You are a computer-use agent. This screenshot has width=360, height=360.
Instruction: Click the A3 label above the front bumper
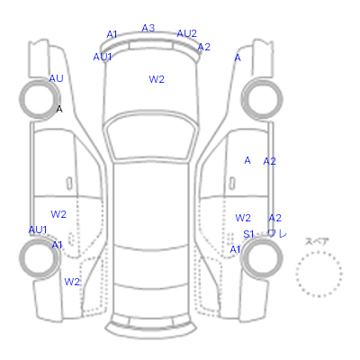pyautogui.click(x=148, y=28)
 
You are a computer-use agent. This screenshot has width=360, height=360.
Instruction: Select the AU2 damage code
pyautogui.click(x=186, y=33)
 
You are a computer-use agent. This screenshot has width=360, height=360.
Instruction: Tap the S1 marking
pyautogui.click(x=248, y=234)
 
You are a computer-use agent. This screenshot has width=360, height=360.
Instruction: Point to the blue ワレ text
pyautogui.click(x=277, y=233)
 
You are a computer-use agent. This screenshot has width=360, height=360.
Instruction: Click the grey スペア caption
pyautogui.click(x=317, y=241)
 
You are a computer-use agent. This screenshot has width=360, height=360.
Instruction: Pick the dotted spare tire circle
pyautogui.click(x=319, y=251)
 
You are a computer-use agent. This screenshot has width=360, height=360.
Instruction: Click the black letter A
pyautogui.click(x=59, y=109)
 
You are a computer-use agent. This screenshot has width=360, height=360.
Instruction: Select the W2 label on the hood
pyautogui.click(x=157, y=79)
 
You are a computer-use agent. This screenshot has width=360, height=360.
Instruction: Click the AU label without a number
pyautogui.click(x=56, y=78)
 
